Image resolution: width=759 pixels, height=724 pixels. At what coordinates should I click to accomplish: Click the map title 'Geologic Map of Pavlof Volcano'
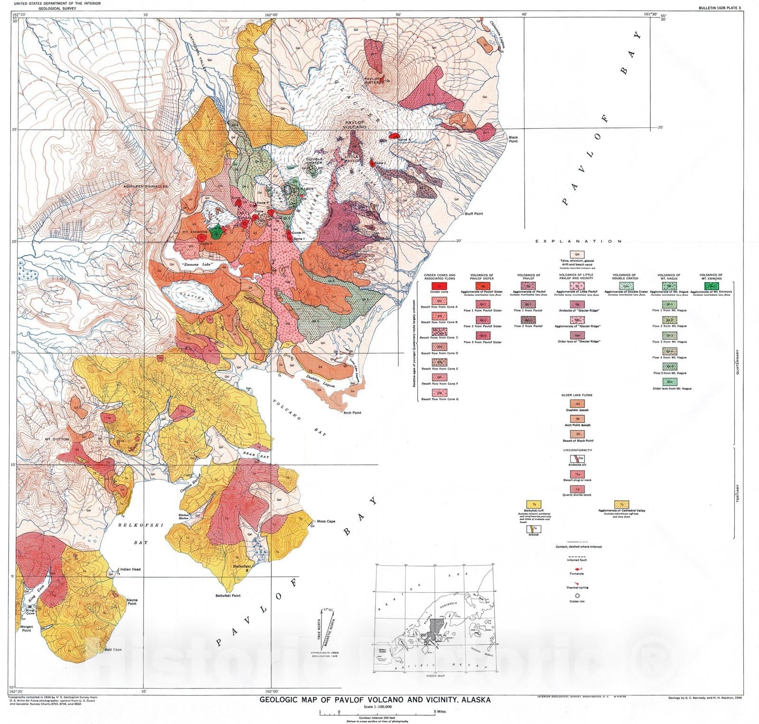coord(375,699)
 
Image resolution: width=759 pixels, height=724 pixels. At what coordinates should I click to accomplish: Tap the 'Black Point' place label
coord(513,139)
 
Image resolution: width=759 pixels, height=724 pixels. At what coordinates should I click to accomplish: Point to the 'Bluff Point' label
coord(473,213)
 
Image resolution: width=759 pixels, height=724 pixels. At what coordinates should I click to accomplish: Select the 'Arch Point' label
coord(352,412)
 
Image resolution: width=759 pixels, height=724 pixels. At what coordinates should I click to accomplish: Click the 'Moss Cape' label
coord(326,521)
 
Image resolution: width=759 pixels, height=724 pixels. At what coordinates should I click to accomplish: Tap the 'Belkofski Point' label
coord(228,595)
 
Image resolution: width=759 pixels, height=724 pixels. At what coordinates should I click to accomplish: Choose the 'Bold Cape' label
coord(113,650)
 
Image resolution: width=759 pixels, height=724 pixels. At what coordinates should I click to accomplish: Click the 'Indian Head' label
coord(130,569)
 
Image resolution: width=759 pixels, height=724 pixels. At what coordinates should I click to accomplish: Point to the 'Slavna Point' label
coord(132,602)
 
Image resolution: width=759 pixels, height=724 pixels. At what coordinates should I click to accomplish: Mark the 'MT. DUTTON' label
coord(56,439)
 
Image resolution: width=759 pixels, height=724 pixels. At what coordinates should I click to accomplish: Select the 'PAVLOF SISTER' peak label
coord(372,80)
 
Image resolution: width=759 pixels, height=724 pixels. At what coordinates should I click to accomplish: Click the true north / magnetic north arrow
coord(327,626)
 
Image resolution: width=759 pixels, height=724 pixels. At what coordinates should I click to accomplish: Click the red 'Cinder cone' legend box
coord(438,286)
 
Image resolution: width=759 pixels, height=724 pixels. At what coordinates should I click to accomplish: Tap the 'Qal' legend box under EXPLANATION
coord(577,255)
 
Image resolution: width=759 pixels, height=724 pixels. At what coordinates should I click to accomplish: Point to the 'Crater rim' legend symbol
coord(577,595)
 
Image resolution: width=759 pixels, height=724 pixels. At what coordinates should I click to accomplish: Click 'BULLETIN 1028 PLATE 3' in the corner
coord(720,8)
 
